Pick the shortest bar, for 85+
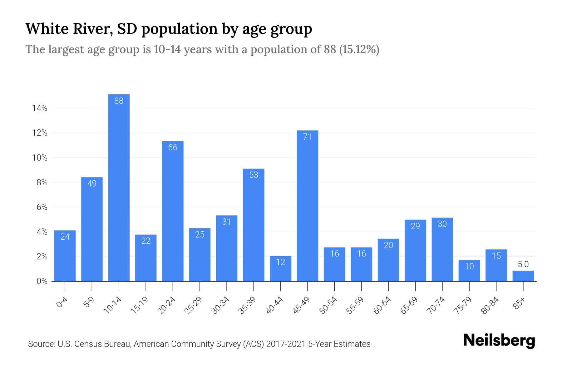[x=523, y=276]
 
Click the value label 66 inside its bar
[x=173, y=147]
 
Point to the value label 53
[x=254, y=175]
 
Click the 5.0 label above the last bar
[x=523, y=264]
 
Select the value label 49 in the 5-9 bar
[x=92, y=183]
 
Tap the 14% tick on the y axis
[x=40, y=108]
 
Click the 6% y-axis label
[x=42, y=207]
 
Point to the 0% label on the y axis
[x=42, y=281]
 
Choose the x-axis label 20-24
[x=166, y=305]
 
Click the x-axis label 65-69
[x=409, y=305]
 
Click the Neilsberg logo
[x=499, y=341]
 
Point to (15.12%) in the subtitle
[x=359, y=49]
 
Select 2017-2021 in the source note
[x=286, y=344]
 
